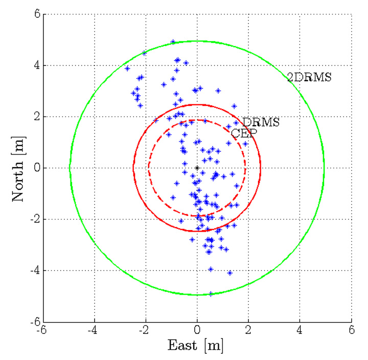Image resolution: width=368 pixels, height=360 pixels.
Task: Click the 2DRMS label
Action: (x=309, y=78)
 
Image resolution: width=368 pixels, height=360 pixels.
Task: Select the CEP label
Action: (x=243, y=133)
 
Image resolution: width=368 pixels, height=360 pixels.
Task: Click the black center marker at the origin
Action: (x=197, y=168)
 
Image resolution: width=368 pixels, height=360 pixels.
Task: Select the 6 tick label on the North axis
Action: (x=36, y=14)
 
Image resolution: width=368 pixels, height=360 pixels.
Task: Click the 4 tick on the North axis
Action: (x=36, y=65)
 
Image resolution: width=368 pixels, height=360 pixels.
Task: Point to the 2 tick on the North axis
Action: (x=36, y=117)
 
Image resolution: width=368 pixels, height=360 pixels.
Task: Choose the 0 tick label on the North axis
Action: (x=36, y=168)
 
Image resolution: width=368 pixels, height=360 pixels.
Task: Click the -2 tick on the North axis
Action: (x=34, y=219)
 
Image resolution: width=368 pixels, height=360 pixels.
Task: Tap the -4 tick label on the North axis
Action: (x=34, y=271)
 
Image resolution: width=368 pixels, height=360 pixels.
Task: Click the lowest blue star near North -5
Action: (x=210, y=294)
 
